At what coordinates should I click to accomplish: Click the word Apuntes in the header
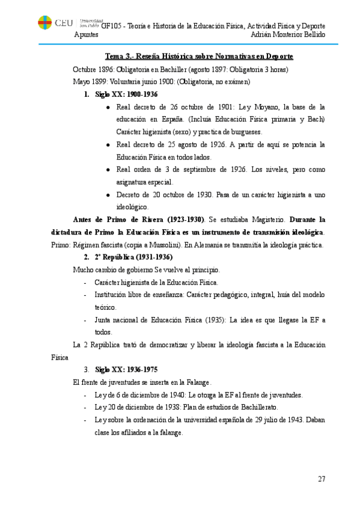[87, 35]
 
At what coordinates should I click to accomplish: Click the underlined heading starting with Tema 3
[199, 57]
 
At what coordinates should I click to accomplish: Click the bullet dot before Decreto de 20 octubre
[107, 195]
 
